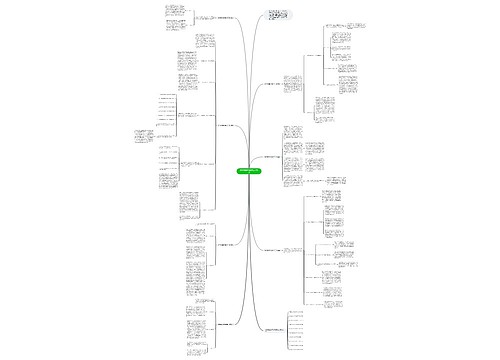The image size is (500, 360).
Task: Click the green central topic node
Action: pyautogui.click(x=248, y=176)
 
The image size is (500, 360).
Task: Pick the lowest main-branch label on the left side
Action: pyautogui.click(x=229, y=323)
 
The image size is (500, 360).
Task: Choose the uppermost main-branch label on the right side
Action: pyautogui.click(x=278, y=85)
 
